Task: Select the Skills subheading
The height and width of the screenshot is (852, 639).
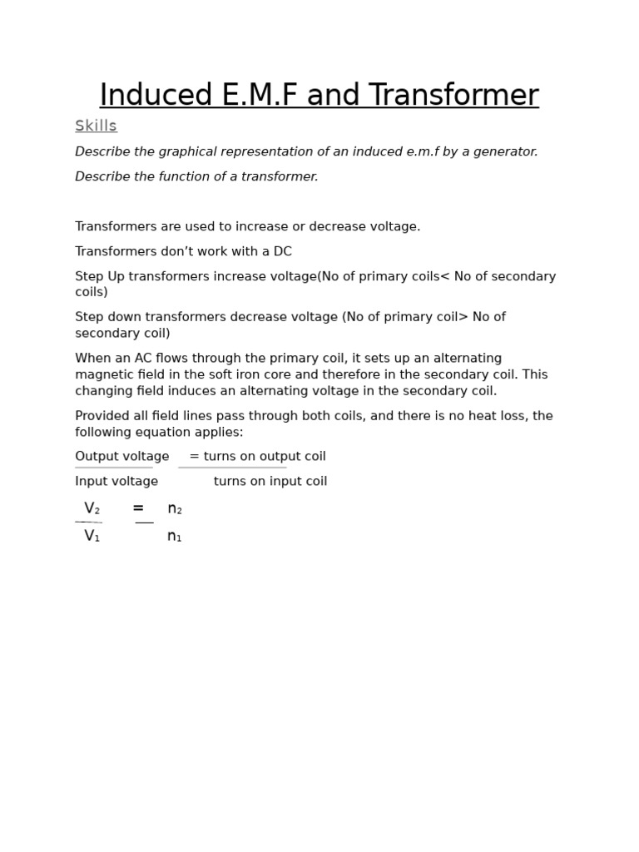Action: tap(96, 126)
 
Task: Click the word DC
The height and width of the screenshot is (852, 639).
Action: tap(283, 251)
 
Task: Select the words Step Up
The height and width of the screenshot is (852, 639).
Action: tap(97, 276)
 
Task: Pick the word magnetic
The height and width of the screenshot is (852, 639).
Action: tap(102, 374)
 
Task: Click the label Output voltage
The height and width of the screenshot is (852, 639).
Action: tap(122, 457)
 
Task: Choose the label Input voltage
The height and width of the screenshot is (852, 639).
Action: tap(116, 482)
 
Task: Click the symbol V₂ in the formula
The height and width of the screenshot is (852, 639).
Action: tap(92, 508)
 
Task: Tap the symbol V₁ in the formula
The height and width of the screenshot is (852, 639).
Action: tap(92, 537)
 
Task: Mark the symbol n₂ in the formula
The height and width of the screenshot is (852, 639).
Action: tap(175, 508)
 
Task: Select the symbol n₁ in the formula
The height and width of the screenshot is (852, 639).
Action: tap(175, 537)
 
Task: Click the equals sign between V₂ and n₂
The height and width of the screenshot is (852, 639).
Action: tap(138, 508)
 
